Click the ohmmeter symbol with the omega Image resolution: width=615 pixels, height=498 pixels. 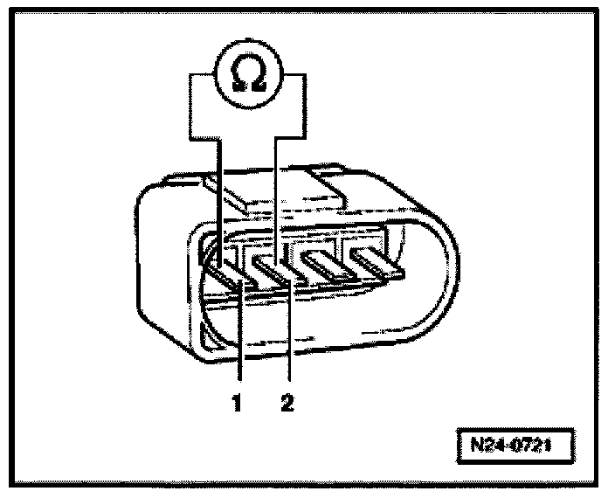pyautogui.click(x=247, y=76)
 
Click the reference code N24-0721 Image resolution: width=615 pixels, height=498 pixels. pyautogui.click(x=516, y=443)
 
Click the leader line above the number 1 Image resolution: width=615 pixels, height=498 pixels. pyautogui.click(x=239, y=349)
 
